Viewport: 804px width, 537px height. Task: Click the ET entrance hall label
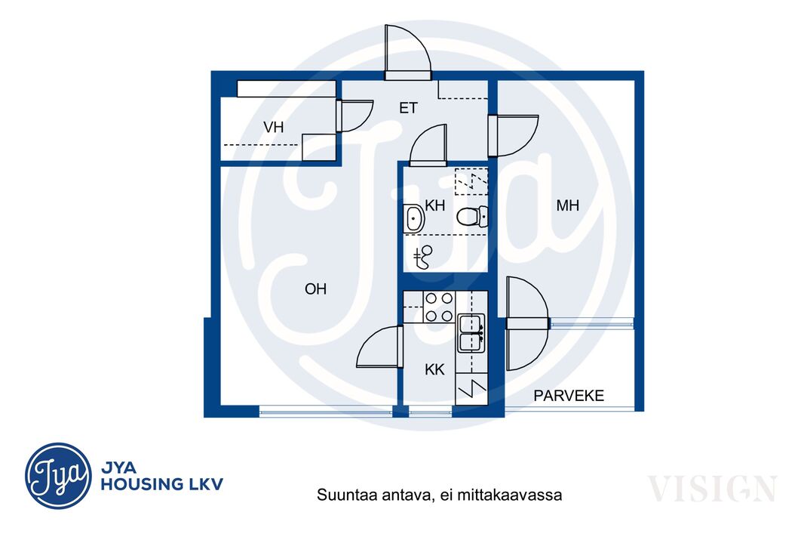tap(409, 108)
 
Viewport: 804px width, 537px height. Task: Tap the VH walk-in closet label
tap(273, 128)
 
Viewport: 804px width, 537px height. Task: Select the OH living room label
tap(315, 289)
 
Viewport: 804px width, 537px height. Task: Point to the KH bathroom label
tap(435, 206)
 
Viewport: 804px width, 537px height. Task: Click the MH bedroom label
tap(568, 206)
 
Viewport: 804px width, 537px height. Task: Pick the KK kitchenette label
tap(434, 369)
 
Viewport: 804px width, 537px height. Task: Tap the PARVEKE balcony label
tap(569, 396)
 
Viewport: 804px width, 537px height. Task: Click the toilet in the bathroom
tap(472, 217)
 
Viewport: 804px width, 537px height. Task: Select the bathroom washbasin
tap(414, 219)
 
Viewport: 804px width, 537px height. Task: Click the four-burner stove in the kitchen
tap(439, 307)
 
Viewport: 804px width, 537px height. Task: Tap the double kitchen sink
tap(471, 332)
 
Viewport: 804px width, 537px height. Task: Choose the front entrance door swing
tap(407, 52)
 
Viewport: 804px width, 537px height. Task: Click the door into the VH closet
tap(354, 116)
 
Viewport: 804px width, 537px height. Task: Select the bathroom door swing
tap(428, 145)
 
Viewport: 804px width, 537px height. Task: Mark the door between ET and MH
tap(513, 135)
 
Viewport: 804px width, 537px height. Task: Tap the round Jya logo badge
tap(59, 476)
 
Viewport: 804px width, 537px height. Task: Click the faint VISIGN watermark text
tap(712, 489)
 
